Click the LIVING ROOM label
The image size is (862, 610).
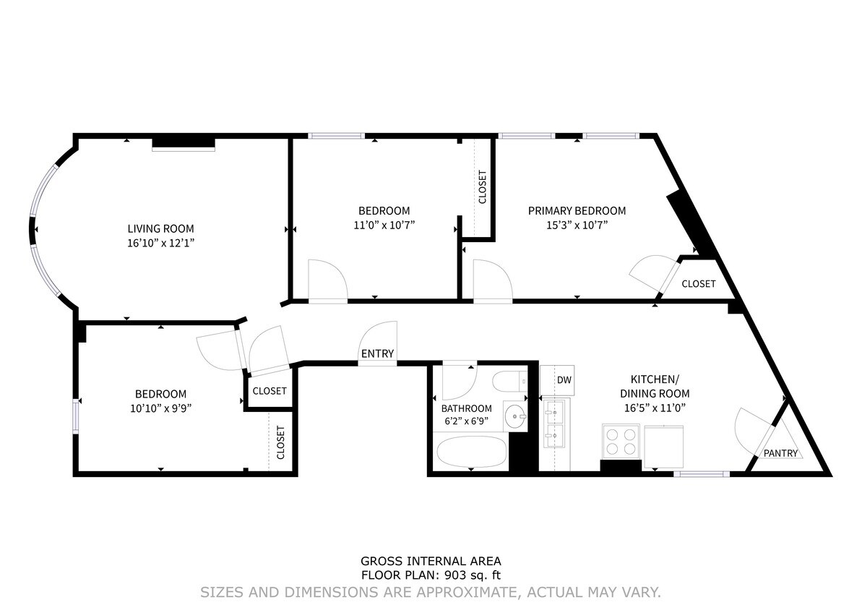(160, 228)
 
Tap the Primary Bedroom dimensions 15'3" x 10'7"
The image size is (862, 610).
(577, 225)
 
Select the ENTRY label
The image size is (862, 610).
(377, 353)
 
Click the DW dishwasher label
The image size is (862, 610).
(564, 380)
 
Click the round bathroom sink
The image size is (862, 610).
(515, 416)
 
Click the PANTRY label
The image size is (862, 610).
(781, 454)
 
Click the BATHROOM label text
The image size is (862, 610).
(466, 408)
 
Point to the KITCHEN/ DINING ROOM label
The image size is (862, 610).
(655, 386)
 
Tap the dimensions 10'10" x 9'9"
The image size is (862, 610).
(160, 408)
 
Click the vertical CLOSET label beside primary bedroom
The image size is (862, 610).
(483, 186)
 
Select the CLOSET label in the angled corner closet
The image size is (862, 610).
(698, 284)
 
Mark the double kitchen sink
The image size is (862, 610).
(555, 425)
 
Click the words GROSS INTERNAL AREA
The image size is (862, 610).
(431, 561)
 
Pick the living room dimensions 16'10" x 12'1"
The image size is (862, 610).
(160, 243)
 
